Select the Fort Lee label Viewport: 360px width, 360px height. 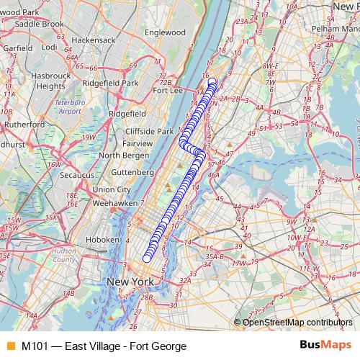pos(168,91)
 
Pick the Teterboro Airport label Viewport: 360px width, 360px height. pos(68,107)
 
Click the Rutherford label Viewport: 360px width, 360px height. pos(24,124)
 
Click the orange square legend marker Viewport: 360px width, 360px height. pos(10,346)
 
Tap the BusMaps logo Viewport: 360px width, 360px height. pos(325,346)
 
